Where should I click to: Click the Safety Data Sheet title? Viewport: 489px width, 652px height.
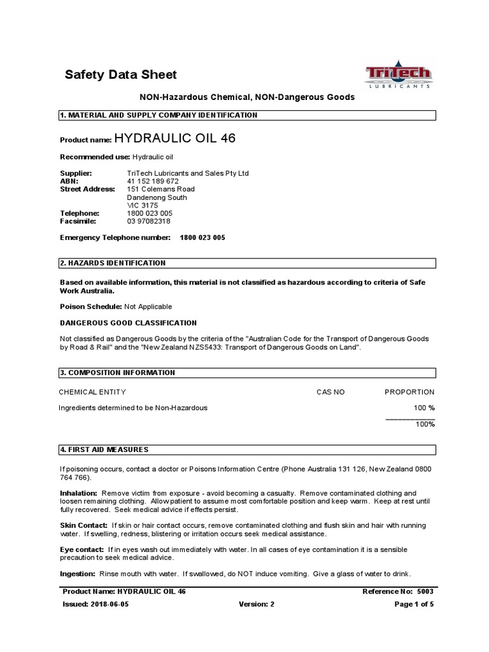click(121, 75)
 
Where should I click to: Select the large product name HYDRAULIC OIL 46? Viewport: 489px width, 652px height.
click(174, 139)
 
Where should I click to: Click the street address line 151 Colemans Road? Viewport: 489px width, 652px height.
click(161, 189)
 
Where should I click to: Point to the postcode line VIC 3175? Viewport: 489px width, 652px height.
click(143, 205)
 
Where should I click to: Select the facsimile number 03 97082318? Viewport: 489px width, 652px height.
click(149, 221)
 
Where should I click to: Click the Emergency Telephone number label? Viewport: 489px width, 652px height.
click(115, 237)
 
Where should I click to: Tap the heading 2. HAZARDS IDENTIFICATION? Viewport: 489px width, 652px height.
click(113, 263)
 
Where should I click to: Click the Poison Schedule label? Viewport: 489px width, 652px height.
click(90, 306)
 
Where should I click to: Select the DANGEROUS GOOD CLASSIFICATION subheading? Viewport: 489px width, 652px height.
click(128, 323)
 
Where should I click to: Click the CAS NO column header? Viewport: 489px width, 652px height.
click(330, 392)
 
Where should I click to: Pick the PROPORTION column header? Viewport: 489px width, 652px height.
click(409, 392)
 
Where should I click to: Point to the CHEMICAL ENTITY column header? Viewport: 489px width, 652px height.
click(92, 392)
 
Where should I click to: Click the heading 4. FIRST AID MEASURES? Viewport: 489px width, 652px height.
click(104, 450)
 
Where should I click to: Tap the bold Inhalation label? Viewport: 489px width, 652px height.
click(78, 493)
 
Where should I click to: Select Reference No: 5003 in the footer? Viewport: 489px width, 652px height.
click(398, 592)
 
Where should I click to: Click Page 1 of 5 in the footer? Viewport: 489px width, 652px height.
click(415, 605)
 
